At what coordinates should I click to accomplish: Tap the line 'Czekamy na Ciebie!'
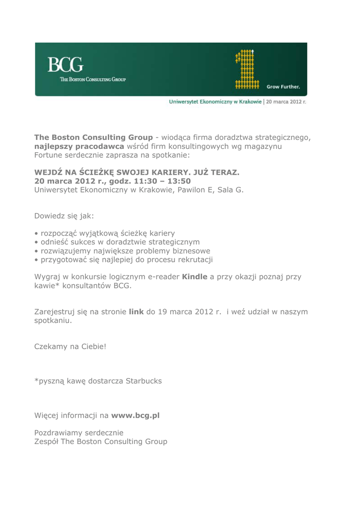[x=70, y=349]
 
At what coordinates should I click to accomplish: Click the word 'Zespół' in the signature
[x=48, y=442]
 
